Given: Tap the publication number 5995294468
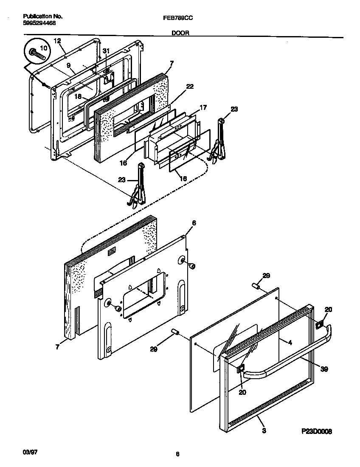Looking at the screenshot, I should (x=39, y=23).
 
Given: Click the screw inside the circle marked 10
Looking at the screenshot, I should (x=37, y=54).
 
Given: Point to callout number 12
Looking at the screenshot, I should (x=57, y=41).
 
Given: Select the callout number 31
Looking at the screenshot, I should (x=106, y=51).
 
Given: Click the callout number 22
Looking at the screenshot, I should (x=190, y=86).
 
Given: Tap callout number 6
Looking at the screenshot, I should (x=194, y=223).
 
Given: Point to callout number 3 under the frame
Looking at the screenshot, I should (x=264, y=431).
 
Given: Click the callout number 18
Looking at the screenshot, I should (x=78, y=96).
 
